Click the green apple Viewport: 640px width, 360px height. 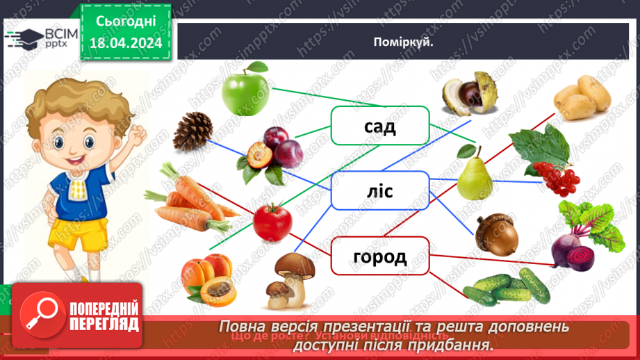pos(245,90)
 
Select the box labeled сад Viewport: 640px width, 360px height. pos(379,126)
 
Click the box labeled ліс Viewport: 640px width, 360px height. pos(379,190)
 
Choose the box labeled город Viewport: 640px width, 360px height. pos(379,256)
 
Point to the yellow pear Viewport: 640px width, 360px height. pos(474,173)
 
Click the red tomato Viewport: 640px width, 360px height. pos(271,222)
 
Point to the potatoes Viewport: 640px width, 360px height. pos(582,97)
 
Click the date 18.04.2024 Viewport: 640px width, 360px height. pos(125,43)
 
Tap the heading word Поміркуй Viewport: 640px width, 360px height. pos(403,42)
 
